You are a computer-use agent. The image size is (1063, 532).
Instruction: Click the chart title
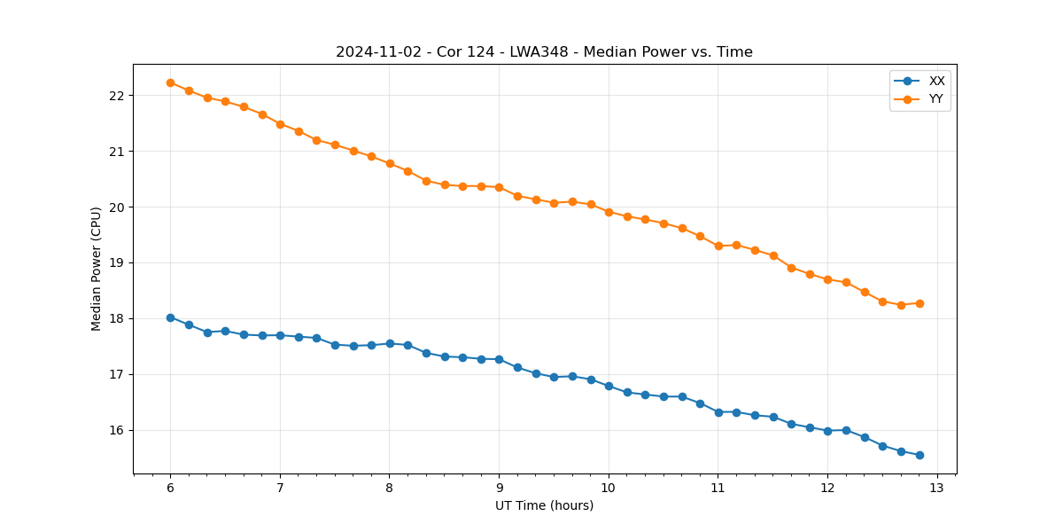(x=544, y=52)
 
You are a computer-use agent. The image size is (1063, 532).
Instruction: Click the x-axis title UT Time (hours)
(x=544, y=505)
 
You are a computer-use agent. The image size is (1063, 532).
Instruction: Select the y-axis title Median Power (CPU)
(x=97, y=269)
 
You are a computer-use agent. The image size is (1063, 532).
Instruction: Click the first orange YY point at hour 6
(x=170, y=82)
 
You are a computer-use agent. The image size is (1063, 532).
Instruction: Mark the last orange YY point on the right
(x=919, y=303)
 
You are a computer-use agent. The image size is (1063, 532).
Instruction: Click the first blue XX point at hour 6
(x=170, y=317)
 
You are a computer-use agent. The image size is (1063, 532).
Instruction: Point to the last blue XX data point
(x=919, y=455)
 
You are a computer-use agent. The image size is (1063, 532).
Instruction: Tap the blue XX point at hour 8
(x=390, y=343)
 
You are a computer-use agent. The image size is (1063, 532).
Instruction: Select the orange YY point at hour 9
(x=499, y=187)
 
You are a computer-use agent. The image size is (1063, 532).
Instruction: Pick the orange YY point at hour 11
(x=718, y=246)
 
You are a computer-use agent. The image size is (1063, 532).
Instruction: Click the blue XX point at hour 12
(x=827, y=431)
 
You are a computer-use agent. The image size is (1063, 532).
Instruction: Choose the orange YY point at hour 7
(x=280, y=124)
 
